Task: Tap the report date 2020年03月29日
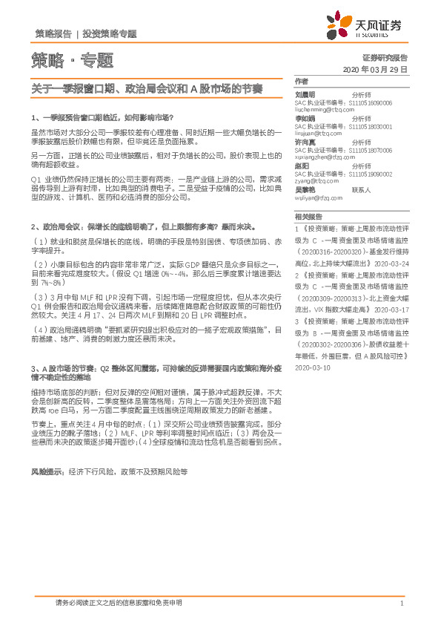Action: pyautogui.click(x=376, y=68)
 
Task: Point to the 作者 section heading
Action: pyautogui.click(x=300, y=81)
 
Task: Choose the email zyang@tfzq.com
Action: pyautogui.click(x=315, y=179)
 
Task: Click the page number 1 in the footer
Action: pyautogui.click(x=401, y=603)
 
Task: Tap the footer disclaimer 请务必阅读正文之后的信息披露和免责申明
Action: pyautogui.click(x=119, y=603)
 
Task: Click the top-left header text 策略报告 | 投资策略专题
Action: pyautogui.click(x=85, y=33)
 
